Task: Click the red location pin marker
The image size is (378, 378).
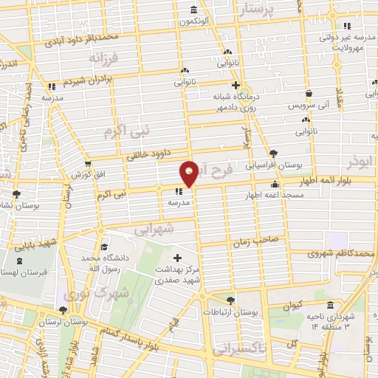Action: coord(190,173)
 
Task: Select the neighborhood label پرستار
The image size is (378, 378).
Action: coord(267,9)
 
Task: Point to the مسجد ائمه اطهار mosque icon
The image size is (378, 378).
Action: coord(275,185)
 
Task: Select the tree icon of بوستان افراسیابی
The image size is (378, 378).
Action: coord(274,151)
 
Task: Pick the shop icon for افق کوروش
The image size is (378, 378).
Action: coord(89,164)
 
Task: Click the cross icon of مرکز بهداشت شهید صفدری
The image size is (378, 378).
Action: coord(177,258)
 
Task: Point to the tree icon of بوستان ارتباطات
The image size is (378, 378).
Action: coord(231,299)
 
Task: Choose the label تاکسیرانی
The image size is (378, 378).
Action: coord(243,346)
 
